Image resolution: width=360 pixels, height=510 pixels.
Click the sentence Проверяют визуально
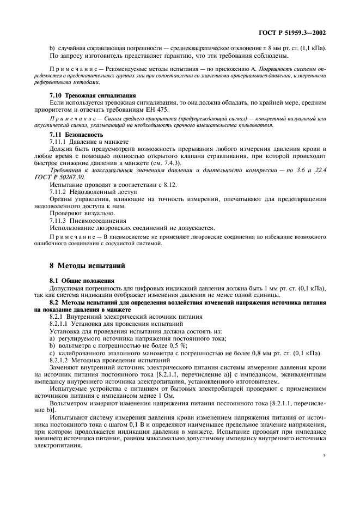pyautogui.click(x=75, y=214)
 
